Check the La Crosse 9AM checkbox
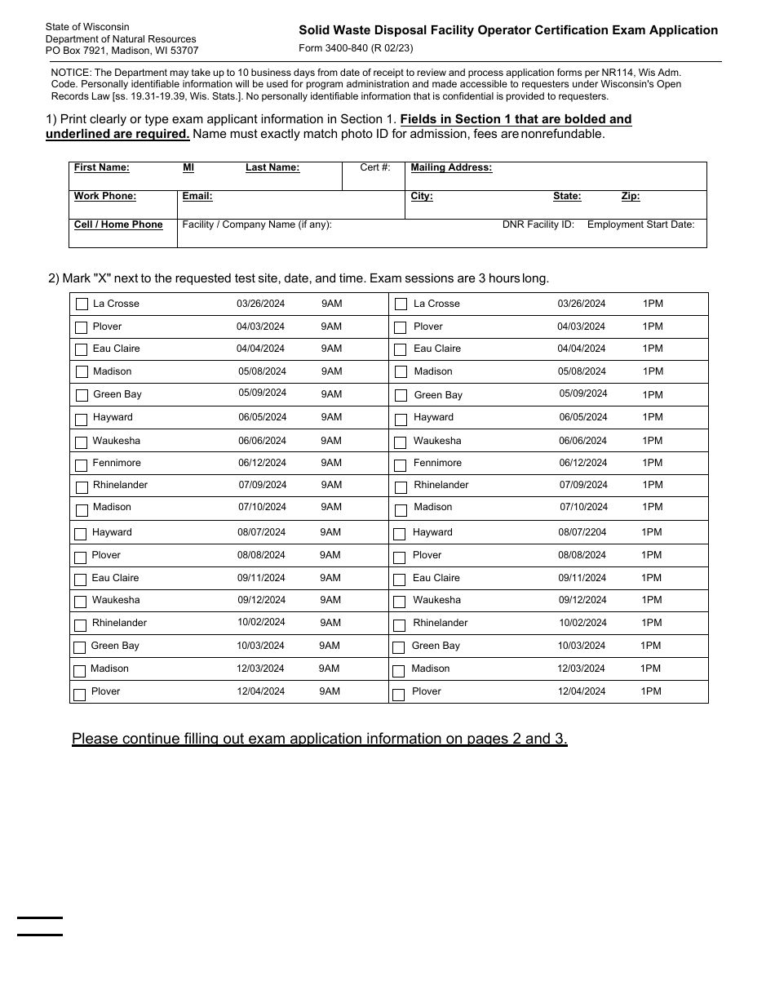point(82,304)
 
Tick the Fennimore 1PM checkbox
point(401,465)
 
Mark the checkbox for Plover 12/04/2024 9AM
point(80,695)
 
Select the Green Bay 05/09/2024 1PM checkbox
point(401,396)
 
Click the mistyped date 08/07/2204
point(582,532)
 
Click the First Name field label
point(102,167)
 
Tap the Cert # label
point(375,167)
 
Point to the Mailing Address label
point(451,167)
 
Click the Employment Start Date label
point(640,224)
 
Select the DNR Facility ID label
point(538,224)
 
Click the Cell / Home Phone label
point(118,224)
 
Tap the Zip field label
point(631,196)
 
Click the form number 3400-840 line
point(356,48)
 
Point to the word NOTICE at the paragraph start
point(70,73)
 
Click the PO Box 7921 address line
point(122,51)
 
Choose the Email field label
point(197,196)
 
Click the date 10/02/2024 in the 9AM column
point(261,622)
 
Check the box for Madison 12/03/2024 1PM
point(399,672)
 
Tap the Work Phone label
point(105,196)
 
